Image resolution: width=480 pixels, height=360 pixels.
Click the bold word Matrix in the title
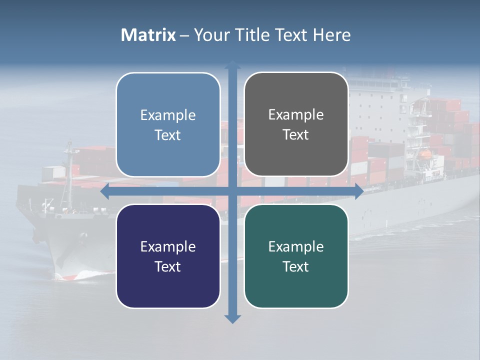148,35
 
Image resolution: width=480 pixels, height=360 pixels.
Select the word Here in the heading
331,35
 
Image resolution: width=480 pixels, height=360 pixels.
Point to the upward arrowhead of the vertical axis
232,65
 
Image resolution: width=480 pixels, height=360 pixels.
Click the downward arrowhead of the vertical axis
232,319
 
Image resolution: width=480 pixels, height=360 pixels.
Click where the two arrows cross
232,191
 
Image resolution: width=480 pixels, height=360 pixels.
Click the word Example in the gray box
296,115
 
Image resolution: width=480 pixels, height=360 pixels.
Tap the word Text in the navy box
167,266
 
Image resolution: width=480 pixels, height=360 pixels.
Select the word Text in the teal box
295,266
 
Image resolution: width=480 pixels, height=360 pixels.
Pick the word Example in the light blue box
168,115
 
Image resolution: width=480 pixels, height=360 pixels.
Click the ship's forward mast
68,165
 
